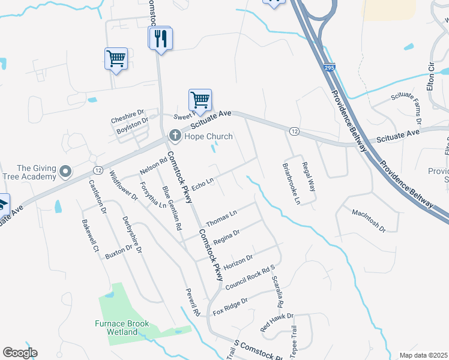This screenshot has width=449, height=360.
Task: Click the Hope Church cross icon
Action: pyautogui.click(x=175, y=136)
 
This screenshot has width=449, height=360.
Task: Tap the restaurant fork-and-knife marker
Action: pyautogui.click(x=160, y=39)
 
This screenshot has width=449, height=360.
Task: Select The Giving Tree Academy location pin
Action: pyautogui.click(x=66, y=172)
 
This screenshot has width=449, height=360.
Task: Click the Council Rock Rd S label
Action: pyautogui.click(x=249, y=278)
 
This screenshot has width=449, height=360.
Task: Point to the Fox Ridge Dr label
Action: pyautogui.click(x=231, y=307)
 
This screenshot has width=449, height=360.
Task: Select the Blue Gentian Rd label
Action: pyautogui.click(x=172, y=209)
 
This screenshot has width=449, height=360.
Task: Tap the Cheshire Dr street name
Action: pyautogui.click(x=127, y=116)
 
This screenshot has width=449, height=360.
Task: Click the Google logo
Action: pyautogui.click(x=20, y=353)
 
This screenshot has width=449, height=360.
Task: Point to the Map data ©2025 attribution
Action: pyautogui.click(x=423, y=355)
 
